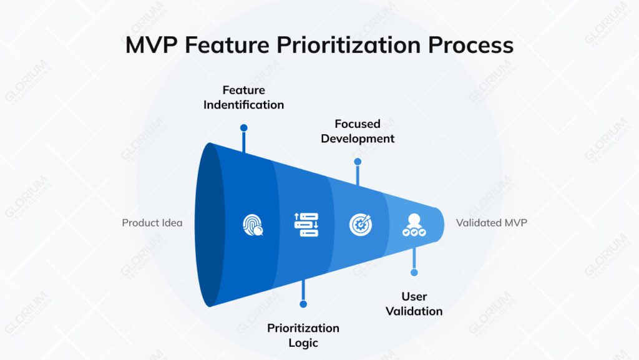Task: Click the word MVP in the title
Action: [x=153, y=46]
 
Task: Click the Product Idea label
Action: [x=152, y=223]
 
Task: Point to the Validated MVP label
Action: [x=491, y=223]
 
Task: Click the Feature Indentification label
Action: [x=243, y=98]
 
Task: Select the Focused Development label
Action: [x=358, y=131]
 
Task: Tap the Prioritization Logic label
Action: [x=303, y=335]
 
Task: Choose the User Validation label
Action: [x=414, y=304]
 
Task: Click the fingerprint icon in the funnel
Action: [x=252, y=225]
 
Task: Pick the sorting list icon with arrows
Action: [x=306, y=225]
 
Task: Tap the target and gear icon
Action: [x=360, y=225]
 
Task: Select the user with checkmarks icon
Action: [x=413, y=225]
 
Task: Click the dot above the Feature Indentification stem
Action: [x=244, y=128]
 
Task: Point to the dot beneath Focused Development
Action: [x=358, y=161]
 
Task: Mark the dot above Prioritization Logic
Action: [x=303, y=304]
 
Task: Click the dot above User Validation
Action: [x=414, y=272]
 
